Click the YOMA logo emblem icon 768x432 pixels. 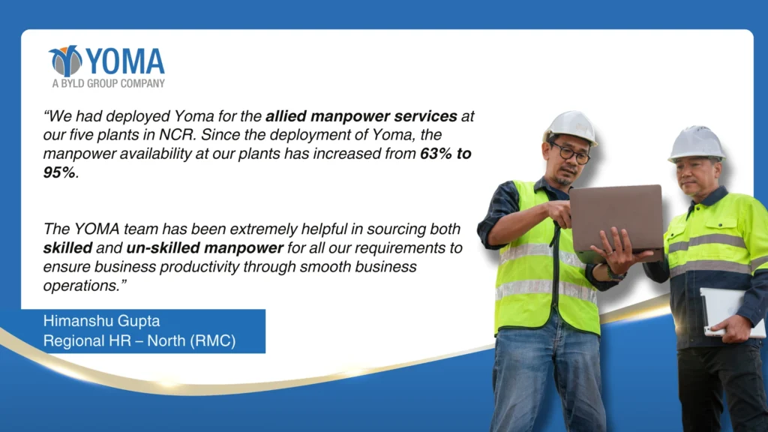tap(66, 61)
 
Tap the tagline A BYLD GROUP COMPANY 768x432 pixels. tap(108, 84)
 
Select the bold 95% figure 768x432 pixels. tap(59, 172)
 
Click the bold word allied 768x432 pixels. tap(286, 116)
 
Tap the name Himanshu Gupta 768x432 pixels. tap(101, 321)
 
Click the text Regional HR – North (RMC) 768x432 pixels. tap(139, 341)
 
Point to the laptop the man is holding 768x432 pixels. tap(616, 220)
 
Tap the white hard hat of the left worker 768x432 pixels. tap(571, 127)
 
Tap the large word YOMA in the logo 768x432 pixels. tap(125, 61)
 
